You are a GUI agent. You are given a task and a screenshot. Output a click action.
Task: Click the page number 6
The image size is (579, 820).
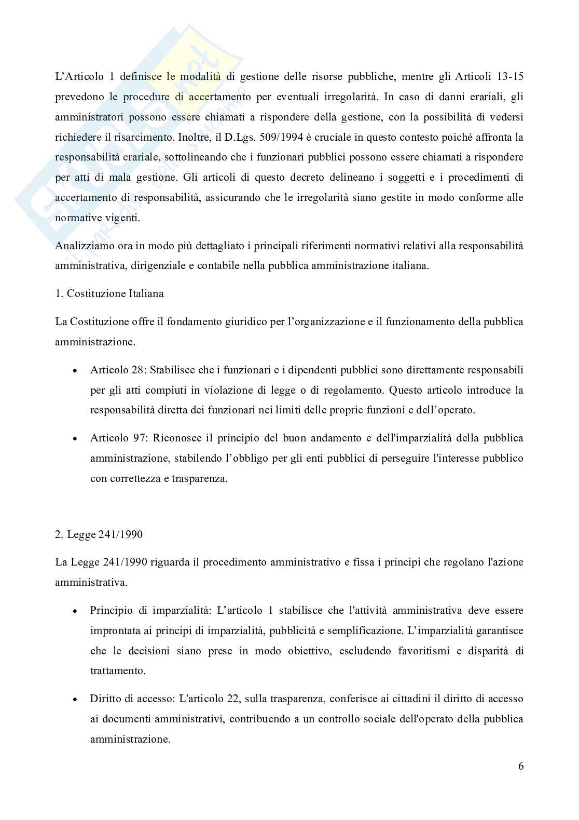click(x=520, y=766)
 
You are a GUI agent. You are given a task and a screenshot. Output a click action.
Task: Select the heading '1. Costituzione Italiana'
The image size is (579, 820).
click(x=109, y=293)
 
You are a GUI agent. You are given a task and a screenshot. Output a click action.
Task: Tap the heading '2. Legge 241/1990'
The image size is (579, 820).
click(x=99, y=534)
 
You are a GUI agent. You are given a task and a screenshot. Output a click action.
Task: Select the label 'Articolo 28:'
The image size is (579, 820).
click(x=116, y=370)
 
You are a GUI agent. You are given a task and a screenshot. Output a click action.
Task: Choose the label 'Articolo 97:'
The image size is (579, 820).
click(x=116, y=438)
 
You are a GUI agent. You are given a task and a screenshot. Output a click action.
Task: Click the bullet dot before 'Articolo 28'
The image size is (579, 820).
click(x=76, y=371)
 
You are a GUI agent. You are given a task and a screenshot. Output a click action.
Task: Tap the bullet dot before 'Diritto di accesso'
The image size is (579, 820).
click(x=76, y=700)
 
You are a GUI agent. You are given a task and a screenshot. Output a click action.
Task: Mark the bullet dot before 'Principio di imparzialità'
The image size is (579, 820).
click(x=76, y=611)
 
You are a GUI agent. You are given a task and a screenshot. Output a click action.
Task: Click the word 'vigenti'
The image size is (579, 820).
click(x=122, y=218)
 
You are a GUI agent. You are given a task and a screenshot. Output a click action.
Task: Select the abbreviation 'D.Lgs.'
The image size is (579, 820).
click(x=229, y=137)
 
